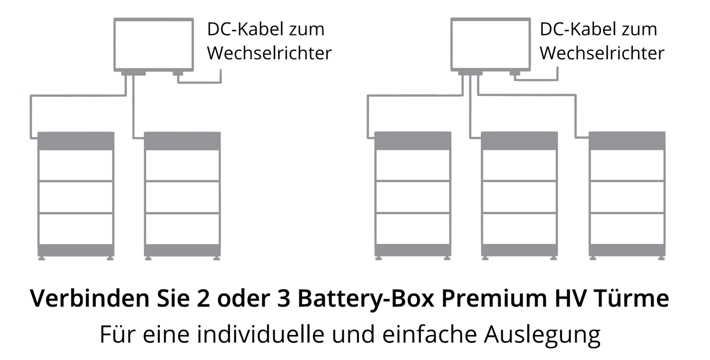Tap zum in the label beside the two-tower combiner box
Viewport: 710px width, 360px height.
pyautogui.click(x=307, y=30)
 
